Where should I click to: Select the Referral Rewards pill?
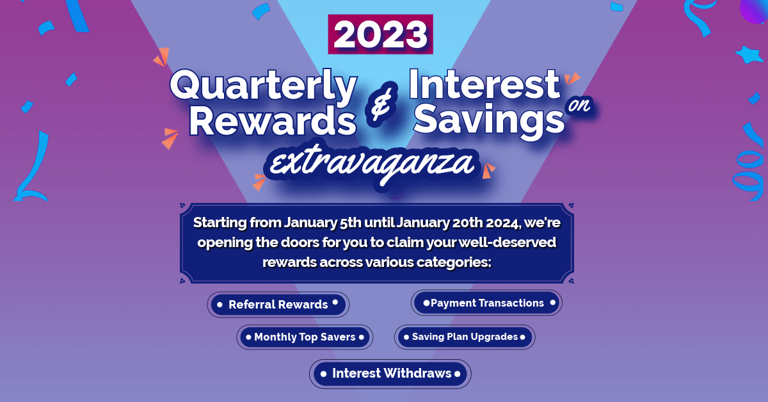tap(278, 305)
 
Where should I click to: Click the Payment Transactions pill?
tap(486, 303)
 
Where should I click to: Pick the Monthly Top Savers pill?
tap(304, 337)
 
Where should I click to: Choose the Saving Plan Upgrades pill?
tap(464, 337)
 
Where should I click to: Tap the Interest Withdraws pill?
tap(390, 374)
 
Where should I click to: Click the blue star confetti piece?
tap(748, 55)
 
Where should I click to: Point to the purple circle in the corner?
tap(755, 10)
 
